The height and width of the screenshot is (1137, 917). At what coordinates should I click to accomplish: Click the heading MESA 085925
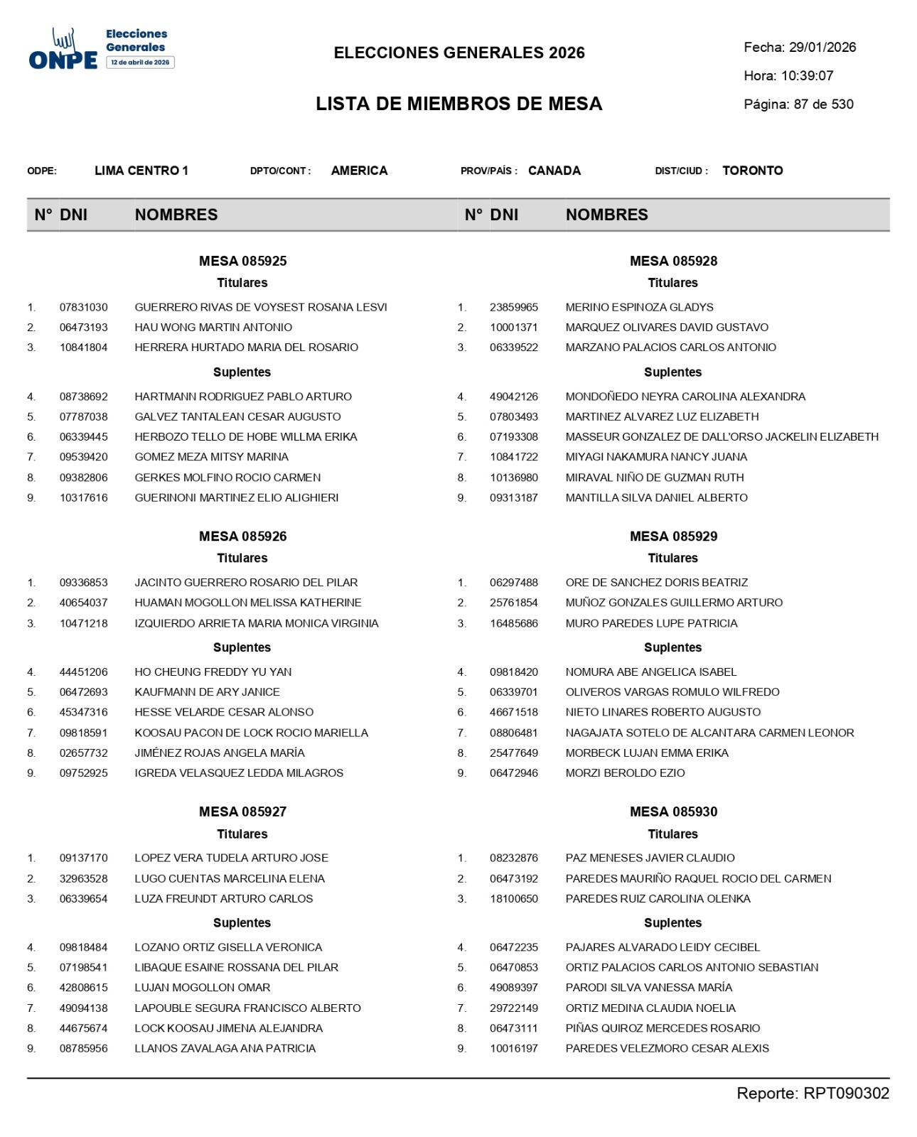point(242,261)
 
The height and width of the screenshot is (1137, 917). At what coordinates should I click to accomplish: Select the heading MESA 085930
point(673,812)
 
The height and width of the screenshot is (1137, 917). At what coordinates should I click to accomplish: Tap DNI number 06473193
point(84,328)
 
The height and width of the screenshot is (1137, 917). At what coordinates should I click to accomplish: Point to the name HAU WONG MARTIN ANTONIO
point(213,328)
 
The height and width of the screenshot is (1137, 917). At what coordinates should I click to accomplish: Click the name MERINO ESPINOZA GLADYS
point(639,307)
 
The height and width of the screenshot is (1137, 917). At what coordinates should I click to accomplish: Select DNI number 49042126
point(514,397)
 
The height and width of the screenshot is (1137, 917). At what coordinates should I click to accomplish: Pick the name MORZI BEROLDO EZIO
point(625,773)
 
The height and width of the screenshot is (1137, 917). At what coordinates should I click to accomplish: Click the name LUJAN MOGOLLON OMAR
point(203,988)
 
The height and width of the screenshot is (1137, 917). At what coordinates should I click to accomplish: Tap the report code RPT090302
point(846,1094)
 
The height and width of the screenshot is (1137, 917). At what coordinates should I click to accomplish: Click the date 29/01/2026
point(822,48)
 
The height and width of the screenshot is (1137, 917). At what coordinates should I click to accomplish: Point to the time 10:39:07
point(807,76)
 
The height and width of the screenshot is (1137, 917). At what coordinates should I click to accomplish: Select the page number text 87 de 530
point(823,104)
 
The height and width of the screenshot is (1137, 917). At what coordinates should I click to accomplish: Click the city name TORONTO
point(753,171)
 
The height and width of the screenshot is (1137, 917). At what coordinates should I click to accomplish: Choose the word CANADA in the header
point(554,171)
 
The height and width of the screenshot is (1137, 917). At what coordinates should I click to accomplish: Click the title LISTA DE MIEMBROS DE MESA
point(459,104)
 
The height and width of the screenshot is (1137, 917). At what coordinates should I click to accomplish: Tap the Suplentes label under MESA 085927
point(242,923)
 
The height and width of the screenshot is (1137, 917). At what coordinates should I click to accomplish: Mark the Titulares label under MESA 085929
point(672,559)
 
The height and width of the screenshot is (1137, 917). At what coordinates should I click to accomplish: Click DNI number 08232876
point(514,858)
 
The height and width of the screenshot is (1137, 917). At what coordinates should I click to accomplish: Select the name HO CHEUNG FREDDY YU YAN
point(213,672)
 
